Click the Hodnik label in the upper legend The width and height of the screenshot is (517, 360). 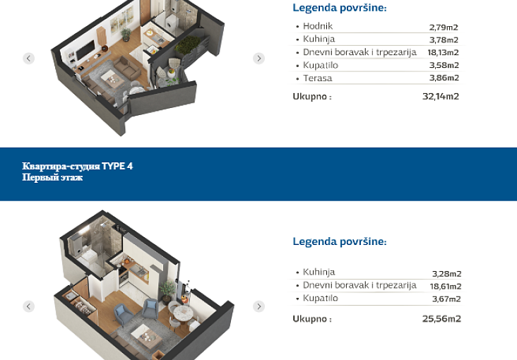318,26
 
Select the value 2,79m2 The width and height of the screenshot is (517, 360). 444,27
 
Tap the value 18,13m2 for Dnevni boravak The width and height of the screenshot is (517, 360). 443,52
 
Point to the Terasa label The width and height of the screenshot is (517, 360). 318,78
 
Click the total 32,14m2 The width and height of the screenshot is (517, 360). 441,96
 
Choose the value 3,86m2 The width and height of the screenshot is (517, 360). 444,78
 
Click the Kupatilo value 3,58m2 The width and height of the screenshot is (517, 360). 444,65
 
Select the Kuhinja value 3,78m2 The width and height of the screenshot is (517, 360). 444,40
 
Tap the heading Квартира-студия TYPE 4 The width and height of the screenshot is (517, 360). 78,166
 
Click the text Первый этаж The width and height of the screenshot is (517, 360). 52,178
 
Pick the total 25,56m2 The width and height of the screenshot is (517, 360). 441,319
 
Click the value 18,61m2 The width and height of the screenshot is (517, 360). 446,287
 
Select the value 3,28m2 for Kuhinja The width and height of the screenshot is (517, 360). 447,274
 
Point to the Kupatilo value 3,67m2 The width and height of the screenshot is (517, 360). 446,299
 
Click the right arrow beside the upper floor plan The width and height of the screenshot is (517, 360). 258,59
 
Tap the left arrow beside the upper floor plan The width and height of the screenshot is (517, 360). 29,59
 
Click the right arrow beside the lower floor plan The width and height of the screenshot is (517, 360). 258,306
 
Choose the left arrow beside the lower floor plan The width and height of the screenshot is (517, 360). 29,306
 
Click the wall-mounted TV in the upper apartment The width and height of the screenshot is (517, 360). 85,51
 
